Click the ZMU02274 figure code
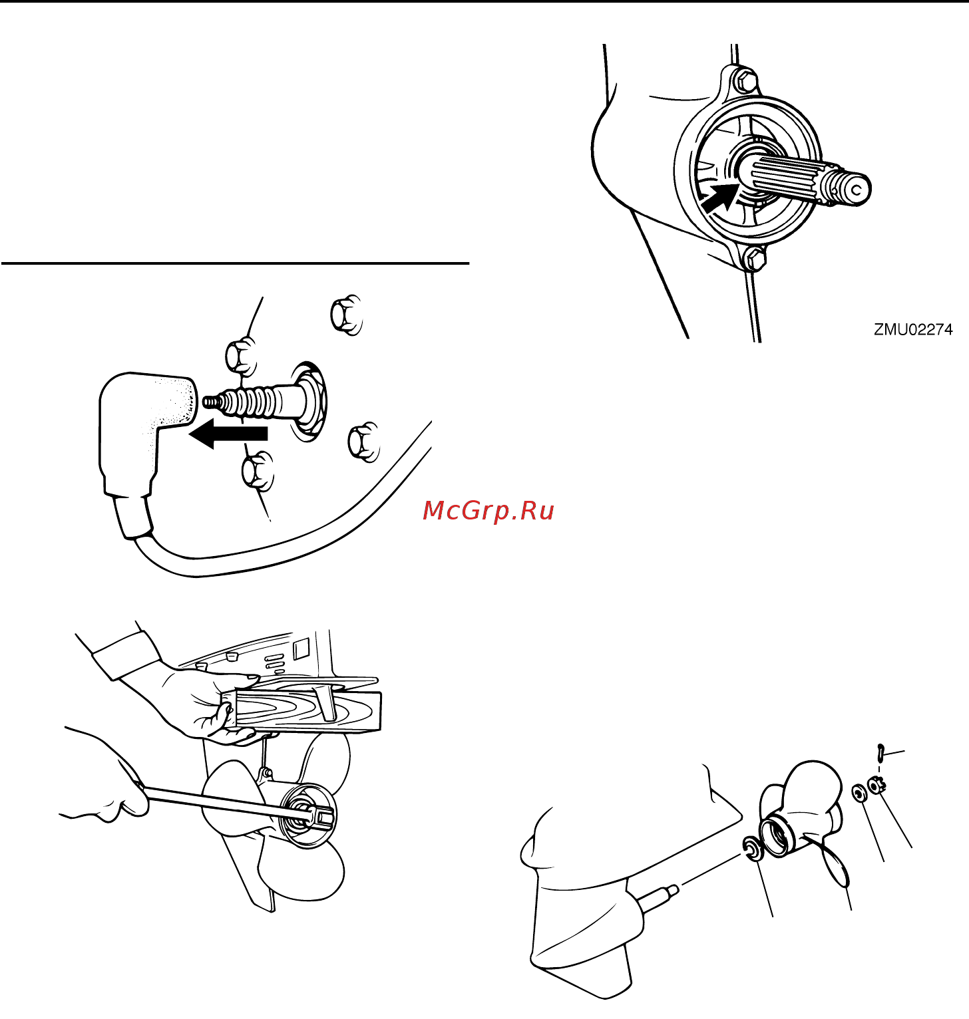[x=913, y=329]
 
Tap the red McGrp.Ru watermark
[x=488, y=510]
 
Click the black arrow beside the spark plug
[x=228, y=434]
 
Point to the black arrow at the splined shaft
[x=720, y=198]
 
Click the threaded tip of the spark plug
[x=212, y=402]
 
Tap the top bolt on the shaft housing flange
[x=745, y=80]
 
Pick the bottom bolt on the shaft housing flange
[x=754, y=257]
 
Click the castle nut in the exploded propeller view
[x=876, y=785]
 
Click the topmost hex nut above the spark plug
[x=346, y=313]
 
